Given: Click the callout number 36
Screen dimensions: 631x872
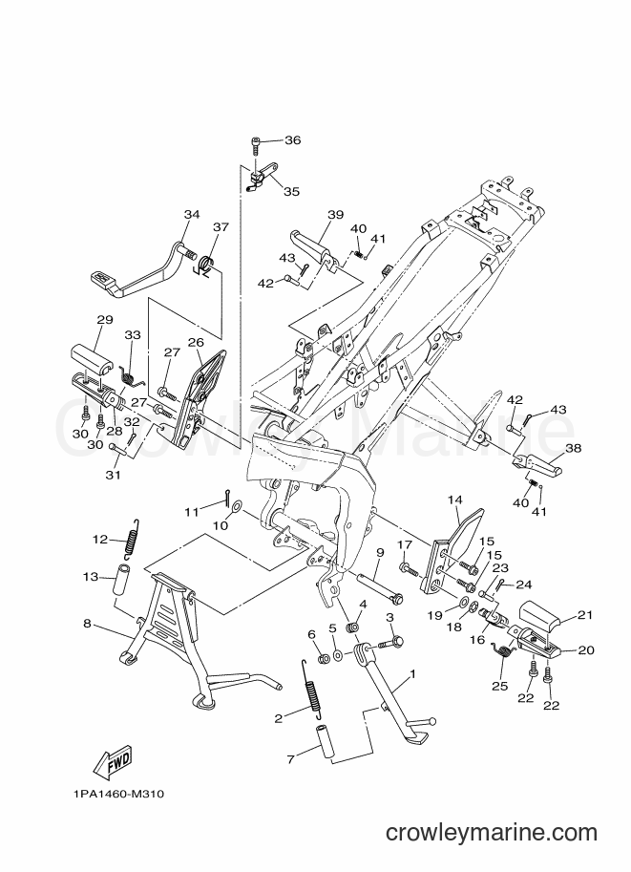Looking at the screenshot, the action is coord(292,140).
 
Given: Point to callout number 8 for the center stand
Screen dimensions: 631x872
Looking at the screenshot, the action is coord(87,624).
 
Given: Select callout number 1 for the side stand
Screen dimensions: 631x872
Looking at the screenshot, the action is coord(412,674).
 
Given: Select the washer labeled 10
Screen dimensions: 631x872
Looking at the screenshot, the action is coord(237,505).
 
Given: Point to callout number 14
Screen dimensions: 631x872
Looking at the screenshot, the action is coord(454,500).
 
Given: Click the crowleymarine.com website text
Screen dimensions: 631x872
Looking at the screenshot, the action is coord(492,833).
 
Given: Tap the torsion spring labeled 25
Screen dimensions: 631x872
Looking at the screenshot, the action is coord(505,650).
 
